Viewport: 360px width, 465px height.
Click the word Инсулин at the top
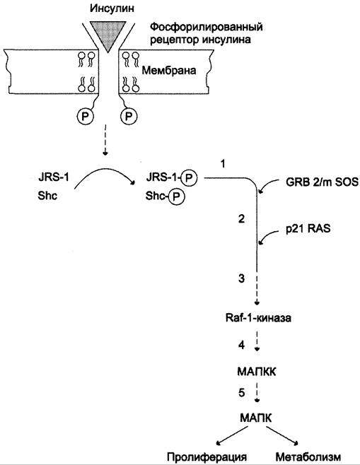(112, 8)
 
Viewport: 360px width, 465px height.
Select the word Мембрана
(169, 71)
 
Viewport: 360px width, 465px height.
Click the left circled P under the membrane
(85, 117)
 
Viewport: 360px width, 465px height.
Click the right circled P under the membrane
(129, 117)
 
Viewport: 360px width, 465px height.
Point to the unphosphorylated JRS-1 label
(54, 177)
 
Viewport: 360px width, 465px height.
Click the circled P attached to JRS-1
(189, 178)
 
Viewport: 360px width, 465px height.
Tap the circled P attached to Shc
(177, 196)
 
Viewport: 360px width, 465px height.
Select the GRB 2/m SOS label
(322, 182)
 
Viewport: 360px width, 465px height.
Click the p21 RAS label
(308, 229)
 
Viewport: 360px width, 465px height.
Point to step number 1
(223, 163)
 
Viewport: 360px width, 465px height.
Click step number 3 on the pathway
(242, 278)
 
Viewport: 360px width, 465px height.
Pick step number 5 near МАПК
(242, 393)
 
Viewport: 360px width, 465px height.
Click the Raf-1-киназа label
(258, 318)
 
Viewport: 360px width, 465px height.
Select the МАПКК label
(257, 371)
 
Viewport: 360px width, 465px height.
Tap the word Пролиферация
(207, 457)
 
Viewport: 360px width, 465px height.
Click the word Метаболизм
(308, 457)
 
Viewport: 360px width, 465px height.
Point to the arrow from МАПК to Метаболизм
(282, 435)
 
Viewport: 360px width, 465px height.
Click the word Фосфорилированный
(207, 28)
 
